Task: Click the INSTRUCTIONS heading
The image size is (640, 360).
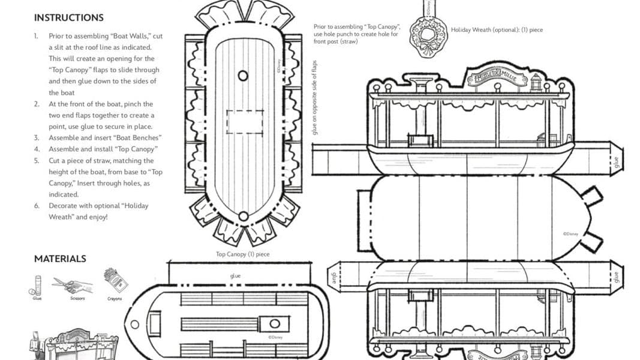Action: click(68, 18)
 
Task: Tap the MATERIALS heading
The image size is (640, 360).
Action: click(60, 259)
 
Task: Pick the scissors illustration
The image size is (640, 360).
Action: click(73, 285)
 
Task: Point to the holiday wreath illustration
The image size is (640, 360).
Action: click(428, 37)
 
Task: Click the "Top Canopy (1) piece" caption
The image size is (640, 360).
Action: click(242, 254)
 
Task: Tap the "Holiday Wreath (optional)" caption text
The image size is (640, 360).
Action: click(496, 29)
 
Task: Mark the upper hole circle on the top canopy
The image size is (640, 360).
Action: click(243, 76)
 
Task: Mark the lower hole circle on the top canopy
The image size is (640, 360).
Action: click(243, 216)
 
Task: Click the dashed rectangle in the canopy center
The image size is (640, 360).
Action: click(243, 122)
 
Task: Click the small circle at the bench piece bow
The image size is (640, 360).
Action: click(134, 325)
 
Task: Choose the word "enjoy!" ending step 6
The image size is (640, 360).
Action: click(97, 217)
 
